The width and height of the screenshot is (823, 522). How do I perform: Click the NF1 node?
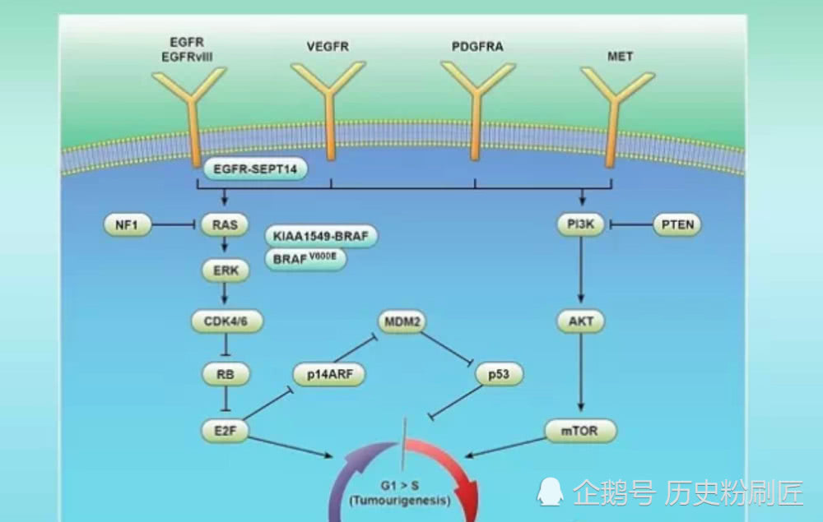point(127,224)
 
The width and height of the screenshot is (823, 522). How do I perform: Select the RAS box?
point(225,224)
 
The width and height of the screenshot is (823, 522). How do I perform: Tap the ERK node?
point(225,271)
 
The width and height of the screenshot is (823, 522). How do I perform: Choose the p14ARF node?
point(328,375)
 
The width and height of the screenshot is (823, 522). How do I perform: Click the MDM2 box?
point(402,322)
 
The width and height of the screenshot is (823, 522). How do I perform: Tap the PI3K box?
point(581,224)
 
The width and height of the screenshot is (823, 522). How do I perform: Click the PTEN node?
point(677,224)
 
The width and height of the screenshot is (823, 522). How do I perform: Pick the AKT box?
point(581,322)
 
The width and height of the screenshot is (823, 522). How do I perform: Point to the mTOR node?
point(581,430)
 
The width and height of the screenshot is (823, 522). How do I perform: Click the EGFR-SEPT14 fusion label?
point(255,170)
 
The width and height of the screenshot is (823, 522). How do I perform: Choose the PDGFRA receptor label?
point(477,47)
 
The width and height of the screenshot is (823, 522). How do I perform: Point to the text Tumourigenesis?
point(399,500)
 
